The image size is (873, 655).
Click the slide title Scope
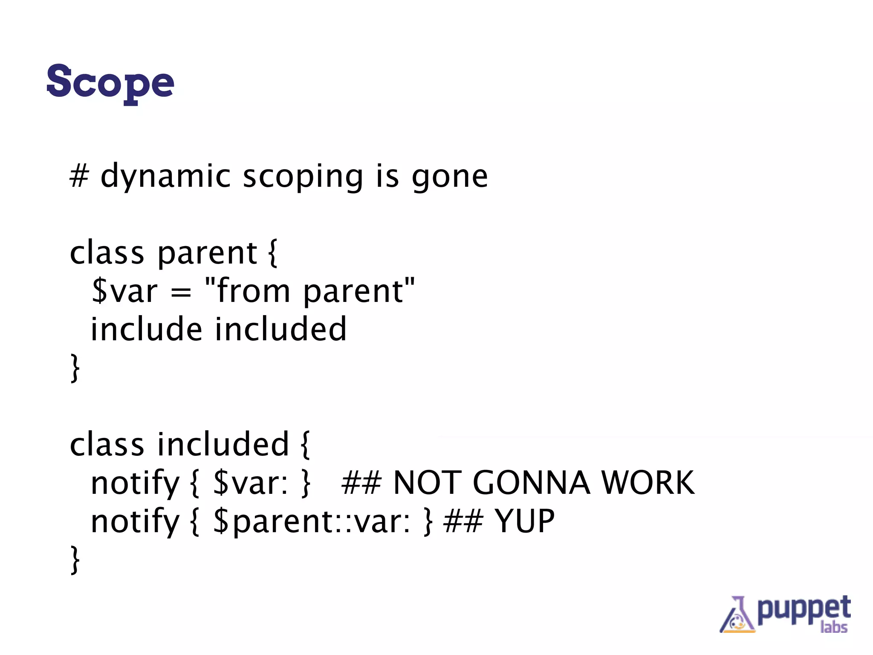click(x=110, y=82)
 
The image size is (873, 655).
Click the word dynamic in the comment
click(x=165, y=176)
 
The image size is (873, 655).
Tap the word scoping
click(x=303, y=176)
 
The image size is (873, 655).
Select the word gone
click(x=449, y=176)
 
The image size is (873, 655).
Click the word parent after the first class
click(x=207, y=254)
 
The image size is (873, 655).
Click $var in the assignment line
click(x=124, y=291)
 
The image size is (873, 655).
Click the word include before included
click(x=146, y=329)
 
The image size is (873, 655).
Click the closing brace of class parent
click(x=75, y=368)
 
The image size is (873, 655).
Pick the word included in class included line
click(x=223, y=444)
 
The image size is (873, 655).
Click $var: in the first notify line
click(x=251, y=483)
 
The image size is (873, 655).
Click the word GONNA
click(x=531, y=483)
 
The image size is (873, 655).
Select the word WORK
click(x=648, y=483)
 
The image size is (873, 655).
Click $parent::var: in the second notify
click(x=312, y=522)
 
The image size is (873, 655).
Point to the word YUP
click(x=524, y=522)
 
